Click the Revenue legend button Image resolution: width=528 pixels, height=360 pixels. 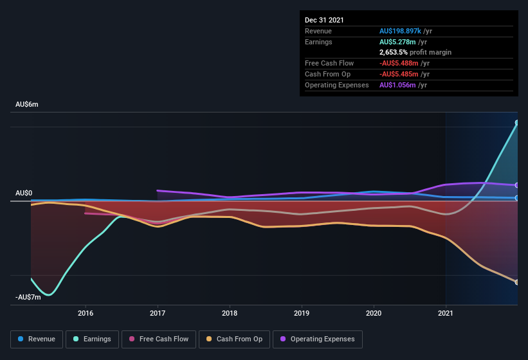pos(37,339)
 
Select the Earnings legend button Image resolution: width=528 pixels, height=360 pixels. pos(93,339)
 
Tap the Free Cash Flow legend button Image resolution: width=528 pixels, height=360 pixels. pos(158,339)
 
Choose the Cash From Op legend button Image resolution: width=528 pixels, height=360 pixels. pos(233,339)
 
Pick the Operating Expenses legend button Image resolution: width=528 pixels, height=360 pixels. pos(318,339)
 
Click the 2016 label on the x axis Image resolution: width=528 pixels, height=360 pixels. pos(86,313)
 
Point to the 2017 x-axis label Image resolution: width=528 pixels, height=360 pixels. pos(158,313)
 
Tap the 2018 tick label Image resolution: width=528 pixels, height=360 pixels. pos(230,313)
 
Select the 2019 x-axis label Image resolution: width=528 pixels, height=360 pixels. pos(302,313)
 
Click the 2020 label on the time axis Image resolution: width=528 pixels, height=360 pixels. pos(374,313)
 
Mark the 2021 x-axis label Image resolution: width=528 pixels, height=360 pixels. pos(446,313)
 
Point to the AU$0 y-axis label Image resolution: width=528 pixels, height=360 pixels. pos(24,194)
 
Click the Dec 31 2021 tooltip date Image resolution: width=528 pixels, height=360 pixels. pos(324,20)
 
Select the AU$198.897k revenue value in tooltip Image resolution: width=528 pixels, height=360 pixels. pos(399,31)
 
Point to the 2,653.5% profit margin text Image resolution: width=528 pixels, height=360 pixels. pos(415,52)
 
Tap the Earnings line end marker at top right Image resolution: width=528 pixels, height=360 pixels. pos(516,123)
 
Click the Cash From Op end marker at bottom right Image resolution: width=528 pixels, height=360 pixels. pos(516,282)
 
